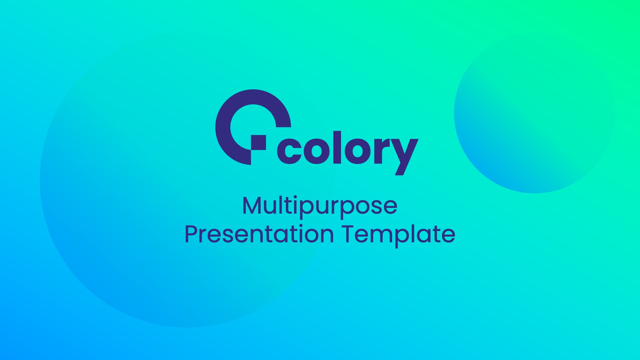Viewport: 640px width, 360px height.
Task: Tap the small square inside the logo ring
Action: pos(258,143)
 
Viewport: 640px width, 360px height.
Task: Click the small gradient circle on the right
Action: pos(534,113)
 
